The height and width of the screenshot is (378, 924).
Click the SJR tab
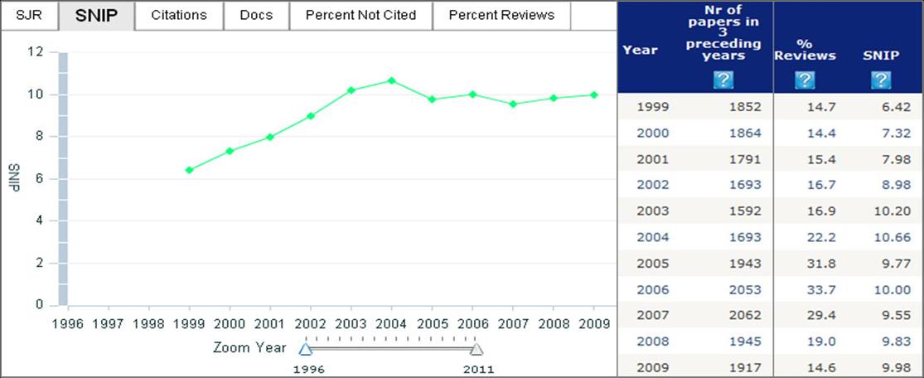(29, 15)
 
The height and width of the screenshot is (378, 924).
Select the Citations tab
(179, 15)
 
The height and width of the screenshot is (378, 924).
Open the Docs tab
(256, 15)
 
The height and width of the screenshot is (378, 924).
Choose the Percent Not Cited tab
(360, 15)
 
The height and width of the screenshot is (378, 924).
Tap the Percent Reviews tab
(502, 15)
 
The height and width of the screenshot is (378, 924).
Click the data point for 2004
(391, 80)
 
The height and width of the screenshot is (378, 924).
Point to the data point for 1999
(190, 170)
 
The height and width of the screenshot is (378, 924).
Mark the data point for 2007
(513, 104)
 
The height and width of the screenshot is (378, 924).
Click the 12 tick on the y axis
(35, 51)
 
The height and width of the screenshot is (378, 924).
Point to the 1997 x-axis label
(108, 323)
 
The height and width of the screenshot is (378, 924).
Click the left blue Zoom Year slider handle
(305, 349)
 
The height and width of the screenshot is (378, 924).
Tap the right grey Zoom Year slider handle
(477, 349)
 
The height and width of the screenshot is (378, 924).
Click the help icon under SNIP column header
(880, 80)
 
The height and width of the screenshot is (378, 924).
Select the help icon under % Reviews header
(804, 80)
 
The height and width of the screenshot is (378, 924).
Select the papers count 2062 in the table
(744, 316)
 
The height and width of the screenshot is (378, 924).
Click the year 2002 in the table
(652, 185)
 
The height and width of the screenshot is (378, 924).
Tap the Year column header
(640, 50)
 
